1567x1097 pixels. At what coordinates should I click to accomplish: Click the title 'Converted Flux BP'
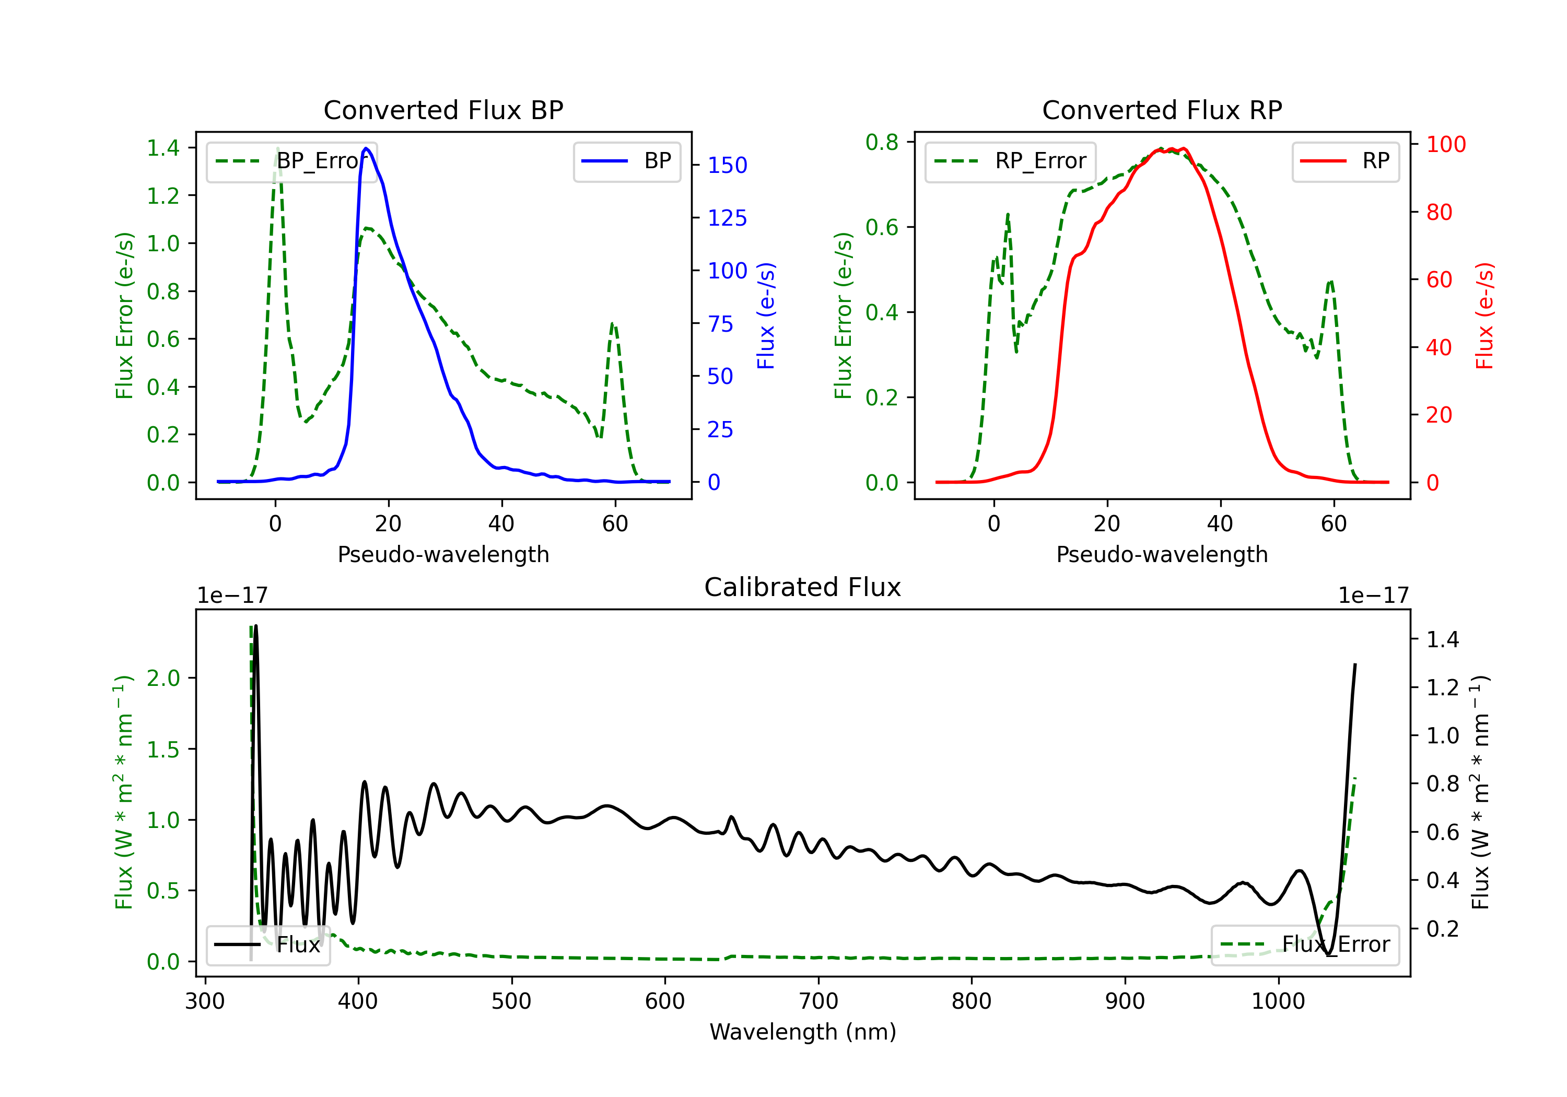point(443,110)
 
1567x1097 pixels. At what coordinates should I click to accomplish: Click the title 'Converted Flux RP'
point(1162,110)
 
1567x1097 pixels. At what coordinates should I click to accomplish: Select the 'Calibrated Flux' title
point(803,587)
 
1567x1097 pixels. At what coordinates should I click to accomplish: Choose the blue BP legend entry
point(626,161)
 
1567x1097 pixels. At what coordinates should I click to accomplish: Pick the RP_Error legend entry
point(1010,161)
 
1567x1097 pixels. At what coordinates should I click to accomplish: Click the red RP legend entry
point(1345,161)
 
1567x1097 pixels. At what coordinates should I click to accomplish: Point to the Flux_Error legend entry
point(1305,945)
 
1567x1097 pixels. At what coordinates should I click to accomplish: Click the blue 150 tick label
point(728,165)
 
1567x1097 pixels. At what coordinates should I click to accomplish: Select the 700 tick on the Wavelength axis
point(818,1001)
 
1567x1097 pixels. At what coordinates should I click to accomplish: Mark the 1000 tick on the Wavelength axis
point(1278,1001)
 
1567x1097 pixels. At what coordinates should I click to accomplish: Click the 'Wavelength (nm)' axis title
point(803,1032)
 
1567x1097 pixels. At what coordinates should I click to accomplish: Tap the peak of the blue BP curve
point(367,148)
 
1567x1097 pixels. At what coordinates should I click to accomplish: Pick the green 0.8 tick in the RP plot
point(882,142)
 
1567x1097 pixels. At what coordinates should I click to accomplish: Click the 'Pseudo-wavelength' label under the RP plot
point(1162,554)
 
